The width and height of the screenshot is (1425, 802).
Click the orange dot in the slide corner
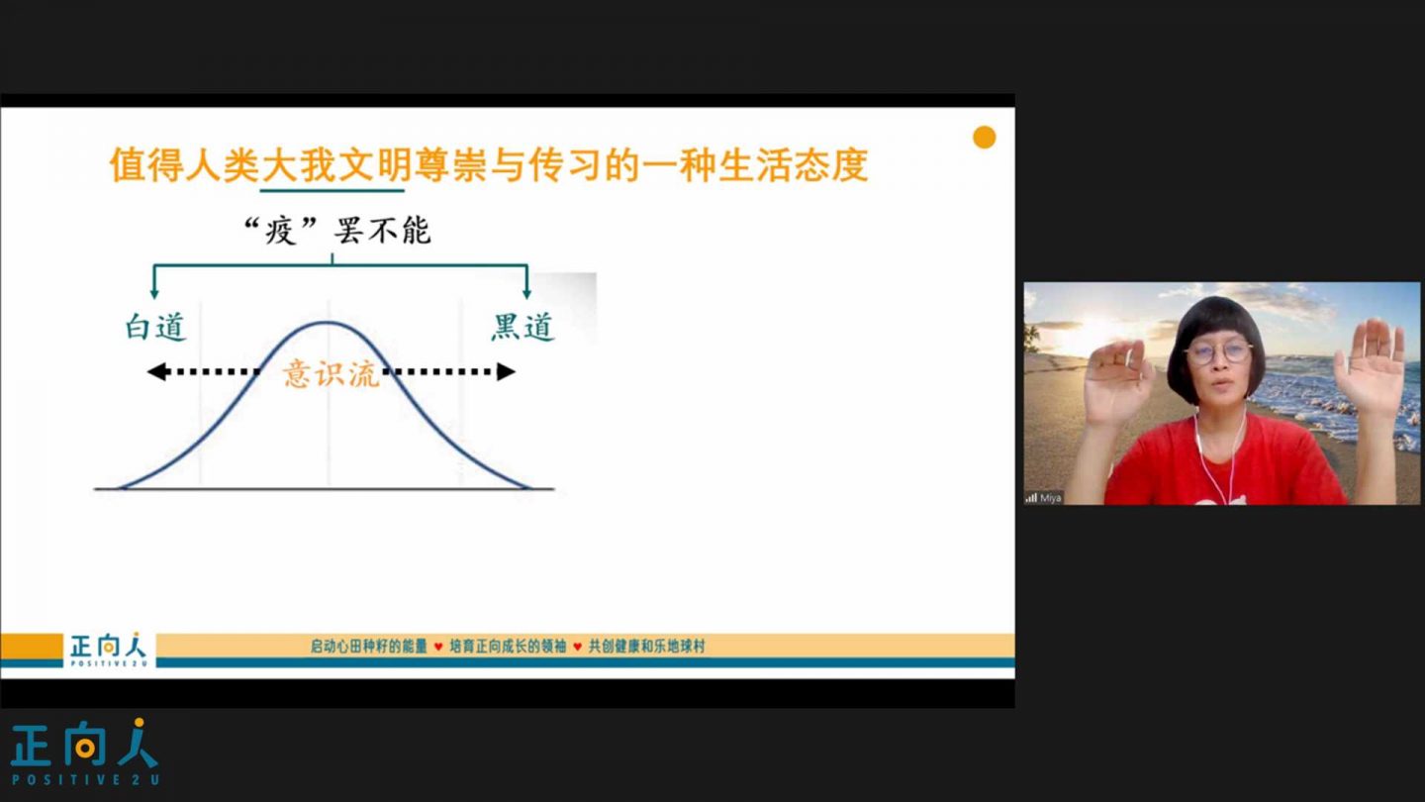tap(984, 138)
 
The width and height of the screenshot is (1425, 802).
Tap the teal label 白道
tap(155, 327)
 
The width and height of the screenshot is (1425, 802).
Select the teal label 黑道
tap(522, 327)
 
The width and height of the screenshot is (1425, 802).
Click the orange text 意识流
tap(331, 373)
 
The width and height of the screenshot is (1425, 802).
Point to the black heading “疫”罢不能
tap(337, 231)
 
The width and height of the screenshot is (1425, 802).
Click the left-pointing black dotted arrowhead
tap(157, 371)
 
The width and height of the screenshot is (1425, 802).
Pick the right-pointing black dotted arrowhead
tap(506, 371)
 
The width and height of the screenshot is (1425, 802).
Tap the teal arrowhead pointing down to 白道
tap(154, 293)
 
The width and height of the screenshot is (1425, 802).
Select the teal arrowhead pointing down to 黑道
tap(526, 293)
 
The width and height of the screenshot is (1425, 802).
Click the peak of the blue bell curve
tap(327, 323)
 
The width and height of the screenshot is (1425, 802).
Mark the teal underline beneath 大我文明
tap(332, 190)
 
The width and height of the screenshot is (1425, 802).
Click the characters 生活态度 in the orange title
tap(794, 164)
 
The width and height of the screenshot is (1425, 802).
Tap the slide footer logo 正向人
tap(108, 650)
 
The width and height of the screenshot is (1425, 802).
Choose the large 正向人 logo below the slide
tap(85, 752)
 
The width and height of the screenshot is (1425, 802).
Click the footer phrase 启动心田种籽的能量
tap(368, 647)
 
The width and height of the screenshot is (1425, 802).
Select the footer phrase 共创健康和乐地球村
tap(647, 647)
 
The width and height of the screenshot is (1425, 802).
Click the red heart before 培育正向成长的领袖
tap(438, 647)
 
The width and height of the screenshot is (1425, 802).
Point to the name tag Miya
tap(1050, 498)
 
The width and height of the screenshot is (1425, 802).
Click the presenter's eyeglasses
tap(1217, 352)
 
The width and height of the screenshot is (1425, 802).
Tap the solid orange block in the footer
tap(32, 646)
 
